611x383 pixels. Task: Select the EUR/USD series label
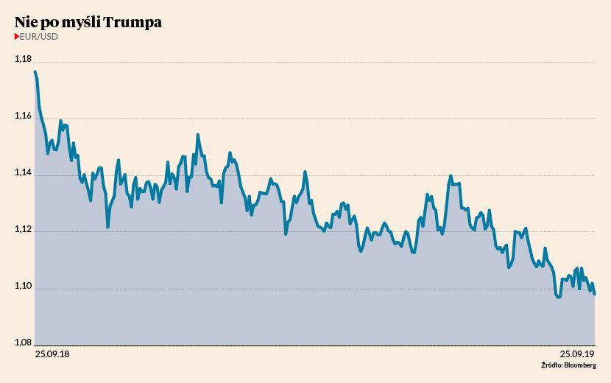(39, 35)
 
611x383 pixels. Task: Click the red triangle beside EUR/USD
(17, 35)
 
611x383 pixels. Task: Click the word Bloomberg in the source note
(582, 365)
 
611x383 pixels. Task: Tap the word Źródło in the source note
(551, 365)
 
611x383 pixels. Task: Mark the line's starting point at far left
(35, 71)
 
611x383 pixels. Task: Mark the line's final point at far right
(595, 295)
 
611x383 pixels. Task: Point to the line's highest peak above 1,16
(35, 71)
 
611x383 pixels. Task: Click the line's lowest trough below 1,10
(558, 298)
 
